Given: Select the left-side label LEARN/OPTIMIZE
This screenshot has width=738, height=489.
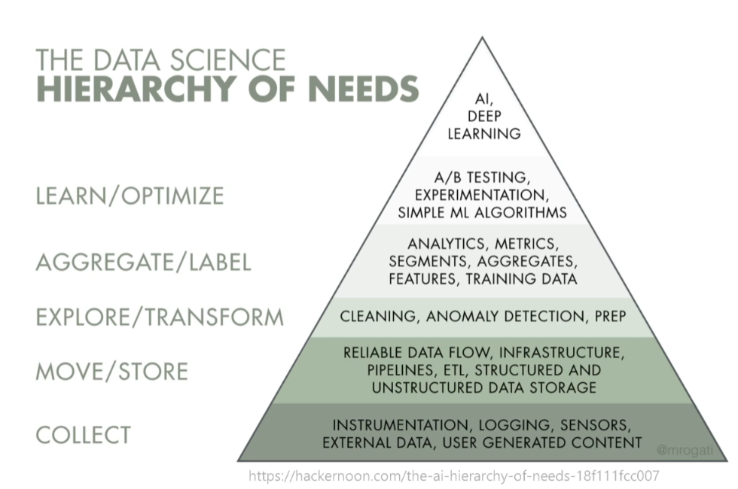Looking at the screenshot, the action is click(130, 196).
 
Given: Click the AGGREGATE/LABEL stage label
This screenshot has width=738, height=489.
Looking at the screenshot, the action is click(143, 263).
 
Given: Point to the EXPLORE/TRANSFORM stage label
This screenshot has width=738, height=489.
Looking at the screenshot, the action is click(160, 317).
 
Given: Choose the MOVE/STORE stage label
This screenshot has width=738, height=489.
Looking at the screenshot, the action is click(111, 371).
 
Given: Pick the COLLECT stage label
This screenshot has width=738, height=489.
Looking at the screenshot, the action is click(83, 434).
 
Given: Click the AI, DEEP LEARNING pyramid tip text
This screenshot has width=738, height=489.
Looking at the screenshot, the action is click(483, 117).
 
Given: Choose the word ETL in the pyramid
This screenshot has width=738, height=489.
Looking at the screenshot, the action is click(448, 370).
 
